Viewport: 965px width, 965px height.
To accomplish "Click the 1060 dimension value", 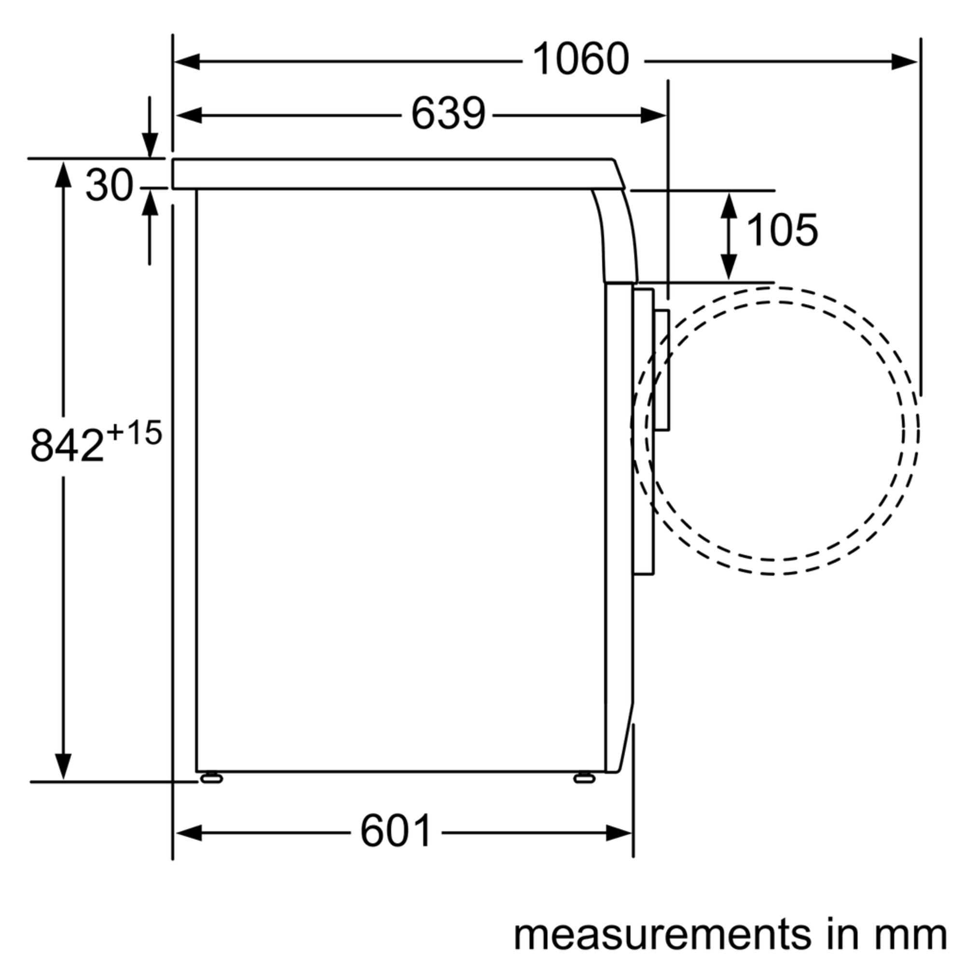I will click(x=581, y=59).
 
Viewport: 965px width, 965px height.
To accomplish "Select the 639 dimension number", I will click(x=448, y=114).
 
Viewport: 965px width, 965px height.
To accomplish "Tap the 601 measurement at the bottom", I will click(x=396, y=832).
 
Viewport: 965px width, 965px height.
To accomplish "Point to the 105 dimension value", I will click(x=782, y=230).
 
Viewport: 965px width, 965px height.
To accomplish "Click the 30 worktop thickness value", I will click(x=110, y=185).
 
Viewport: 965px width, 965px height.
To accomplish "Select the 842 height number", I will click(x=67, y=446).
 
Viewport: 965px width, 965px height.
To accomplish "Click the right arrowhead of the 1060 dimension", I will click(x=905, y=62).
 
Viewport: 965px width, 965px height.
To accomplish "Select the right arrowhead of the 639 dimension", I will click(x=653, y=115).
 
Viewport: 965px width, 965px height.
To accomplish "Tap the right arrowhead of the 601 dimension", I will click(x=620, y=833).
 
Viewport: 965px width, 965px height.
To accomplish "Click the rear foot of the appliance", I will click(x=211, y=778).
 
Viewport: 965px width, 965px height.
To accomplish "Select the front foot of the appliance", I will click(x=584, y=778).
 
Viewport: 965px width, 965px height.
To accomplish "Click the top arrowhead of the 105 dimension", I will click(x=729, y=205).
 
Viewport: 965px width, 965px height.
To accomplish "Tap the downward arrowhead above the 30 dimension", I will click(x=150, y=145).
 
